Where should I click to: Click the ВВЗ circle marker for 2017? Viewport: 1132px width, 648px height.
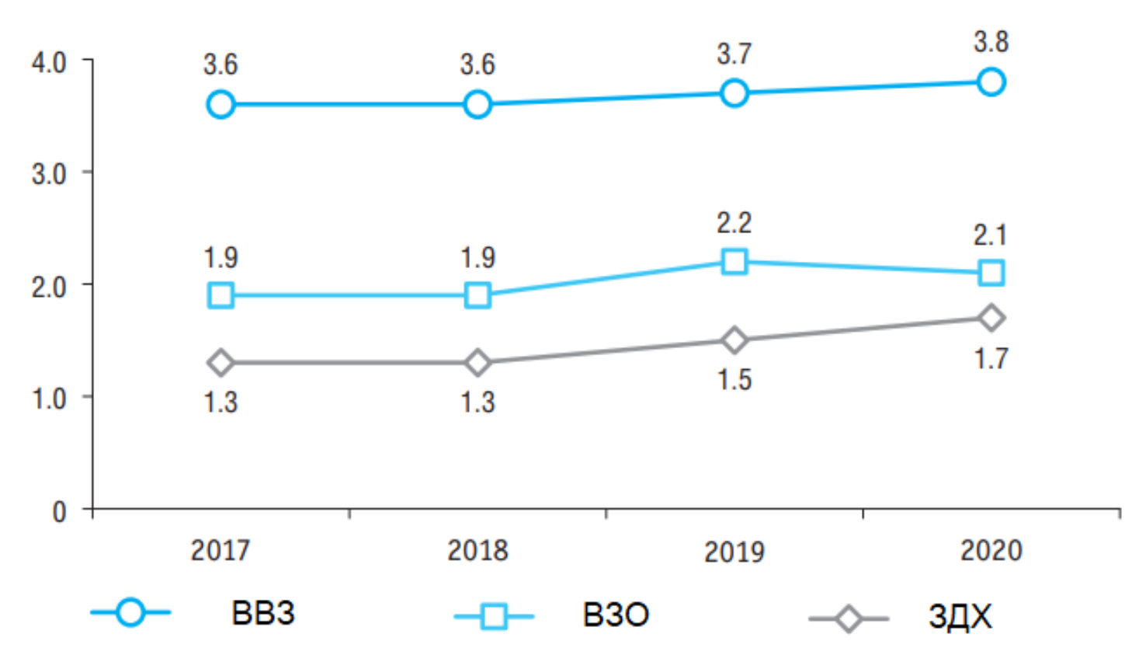click(220, 104)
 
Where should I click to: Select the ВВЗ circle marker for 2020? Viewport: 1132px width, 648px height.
click(991, 82)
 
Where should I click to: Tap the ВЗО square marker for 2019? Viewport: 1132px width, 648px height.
click(734, 261)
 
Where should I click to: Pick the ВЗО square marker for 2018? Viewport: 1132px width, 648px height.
click(477, 295)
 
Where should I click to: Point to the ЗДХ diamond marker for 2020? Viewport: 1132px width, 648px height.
click(991, 317)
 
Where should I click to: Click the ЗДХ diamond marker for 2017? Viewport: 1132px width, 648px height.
click(220, 362)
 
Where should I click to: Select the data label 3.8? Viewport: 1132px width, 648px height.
click(991, 42)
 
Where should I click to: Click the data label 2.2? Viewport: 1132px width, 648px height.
click(734, 223)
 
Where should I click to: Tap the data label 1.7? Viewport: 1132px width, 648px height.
click(991, 359)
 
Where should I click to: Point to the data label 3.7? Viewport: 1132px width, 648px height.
click(734, 54)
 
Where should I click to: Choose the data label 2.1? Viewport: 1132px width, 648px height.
click(991, 235)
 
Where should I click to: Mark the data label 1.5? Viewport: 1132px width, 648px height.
click(734, 380)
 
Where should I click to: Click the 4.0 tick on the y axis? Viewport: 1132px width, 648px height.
click(49, 62)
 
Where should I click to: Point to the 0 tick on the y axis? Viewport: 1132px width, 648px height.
click(59, 511)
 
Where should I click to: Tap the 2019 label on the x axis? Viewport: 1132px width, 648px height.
click(734, 552)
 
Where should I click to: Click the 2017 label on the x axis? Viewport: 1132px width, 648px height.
click(220, 550)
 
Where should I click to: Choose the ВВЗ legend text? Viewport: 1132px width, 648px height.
click(263, 614)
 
